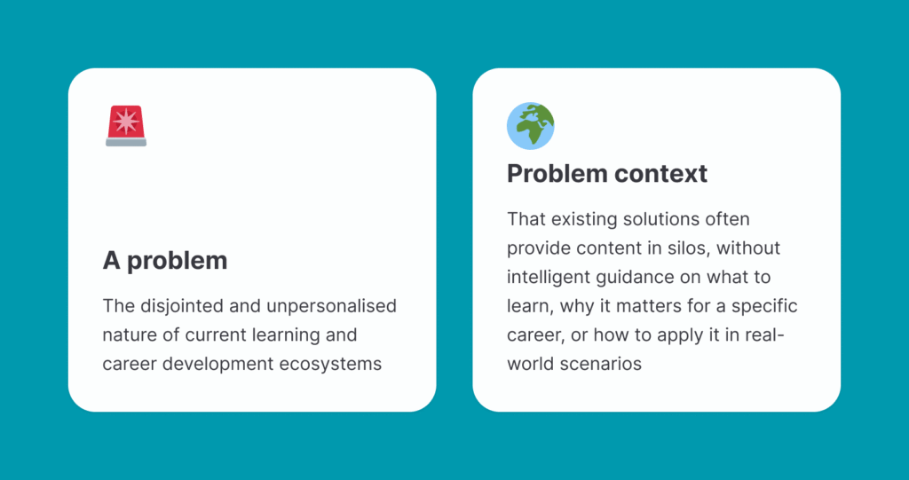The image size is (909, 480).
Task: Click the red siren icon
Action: pos(126,126)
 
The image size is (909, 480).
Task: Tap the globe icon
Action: pos(531,126)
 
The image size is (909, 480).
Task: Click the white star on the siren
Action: pos(126,122)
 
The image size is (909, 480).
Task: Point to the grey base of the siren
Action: pos(126,142)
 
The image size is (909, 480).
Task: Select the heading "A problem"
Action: pos(165,262)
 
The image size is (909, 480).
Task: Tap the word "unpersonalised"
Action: pos(332,306)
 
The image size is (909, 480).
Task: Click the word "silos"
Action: pos(691,248)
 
